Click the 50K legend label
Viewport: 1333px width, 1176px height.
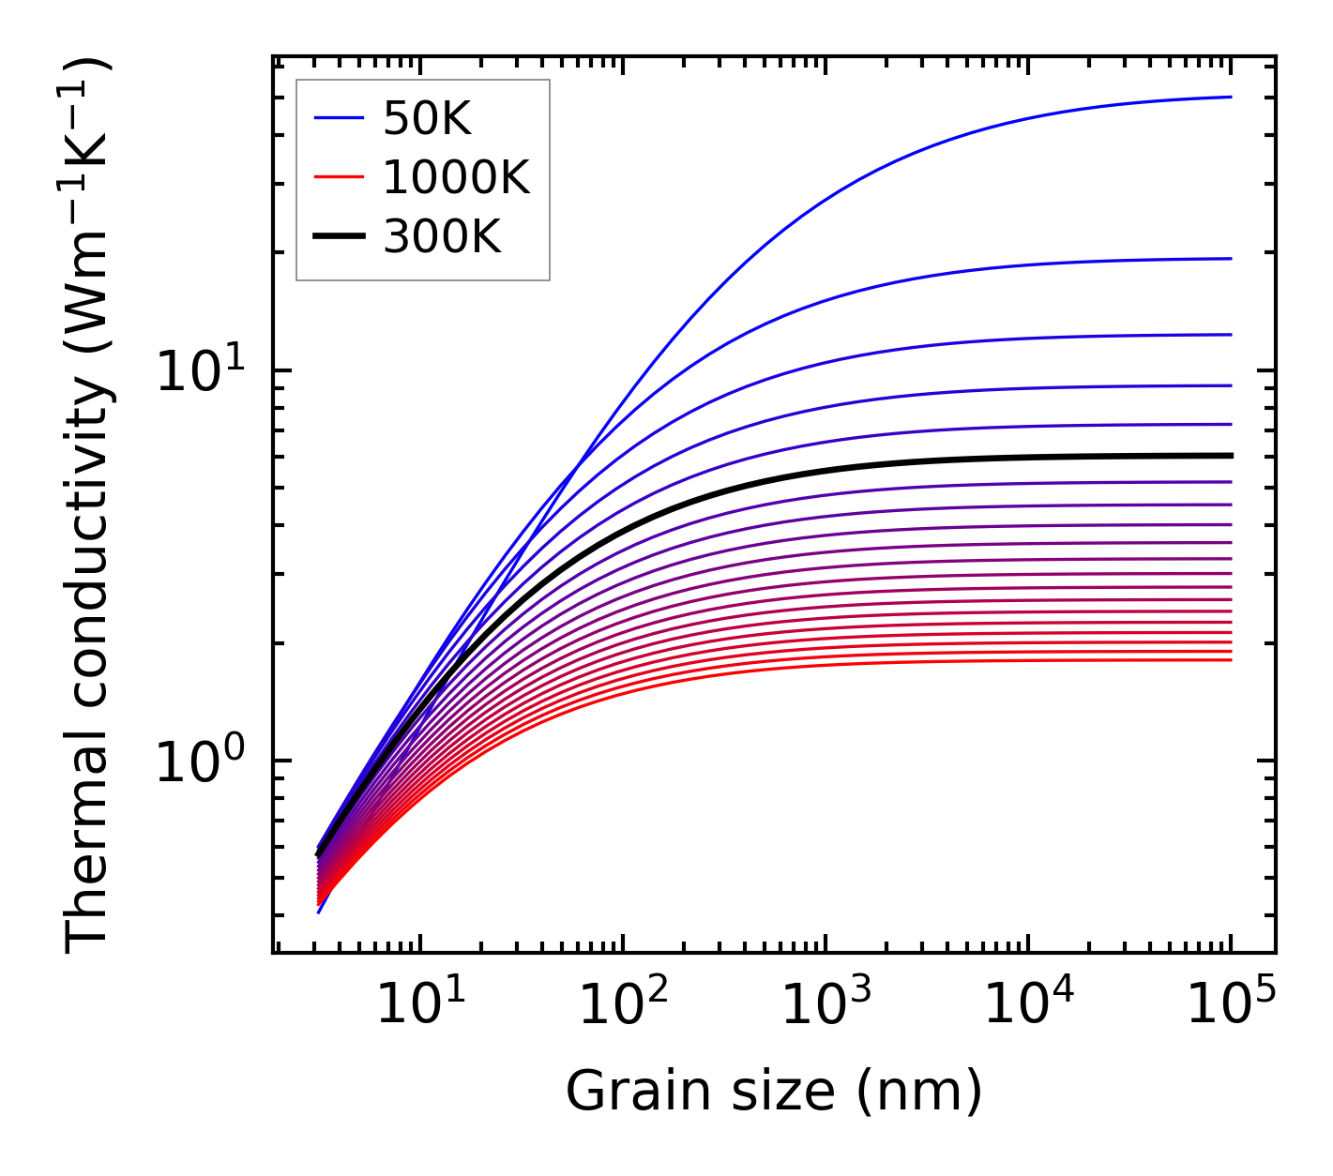pos(427,118)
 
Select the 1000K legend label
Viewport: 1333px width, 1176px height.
pos(456,177)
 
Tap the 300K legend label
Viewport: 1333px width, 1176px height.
pos(442,237)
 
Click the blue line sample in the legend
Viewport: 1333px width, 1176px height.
pos(339,118)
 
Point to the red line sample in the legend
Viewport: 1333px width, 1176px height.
pos(339,177)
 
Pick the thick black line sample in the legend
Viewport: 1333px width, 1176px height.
pos(339,237)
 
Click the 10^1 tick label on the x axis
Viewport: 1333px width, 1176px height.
pos(420,1004)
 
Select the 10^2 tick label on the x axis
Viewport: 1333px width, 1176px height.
pos(623,1004)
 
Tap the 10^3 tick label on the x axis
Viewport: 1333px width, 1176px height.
pos(826,1004)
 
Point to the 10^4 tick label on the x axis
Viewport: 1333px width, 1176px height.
pos(1028,1004)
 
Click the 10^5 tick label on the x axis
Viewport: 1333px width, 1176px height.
pos(1231,1004)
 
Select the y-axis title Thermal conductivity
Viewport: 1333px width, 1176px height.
pos(88,506)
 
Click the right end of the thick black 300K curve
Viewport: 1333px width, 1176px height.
pos(1230,456)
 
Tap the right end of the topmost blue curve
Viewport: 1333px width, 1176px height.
pos(1230,97)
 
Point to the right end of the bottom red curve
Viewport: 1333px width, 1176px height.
pos(1230,660)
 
